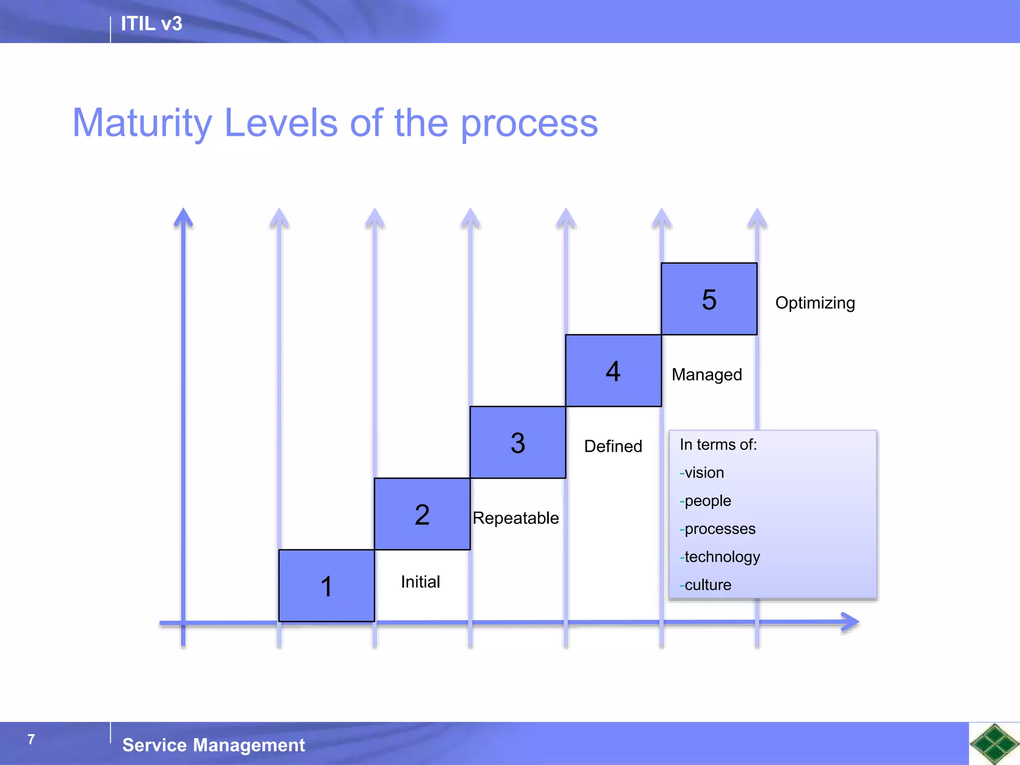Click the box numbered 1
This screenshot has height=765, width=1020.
point(326,586)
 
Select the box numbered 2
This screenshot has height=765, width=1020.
point(422,514)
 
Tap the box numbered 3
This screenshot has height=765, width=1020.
point(517,442)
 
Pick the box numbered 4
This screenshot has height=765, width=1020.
point(613,371)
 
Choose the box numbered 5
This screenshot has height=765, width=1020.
point(709,299)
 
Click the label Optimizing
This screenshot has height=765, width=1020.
point(815,303)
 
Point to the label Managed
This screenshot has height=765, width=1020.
point(706,375)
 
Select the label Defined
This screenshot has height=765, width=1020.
point(613,446)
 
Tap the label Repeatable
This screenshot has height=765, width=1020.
point(515,518)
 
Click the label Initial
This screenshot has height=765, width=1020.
point(420,582)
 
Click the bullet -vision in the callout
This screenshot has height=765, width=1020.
point(702,473)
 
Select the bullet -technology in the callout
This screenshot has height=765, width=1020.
point(720,557)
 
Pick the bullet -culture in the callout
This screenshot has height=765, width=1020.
point(705,585)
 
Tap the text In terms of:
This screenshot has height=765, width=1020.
point(718,444)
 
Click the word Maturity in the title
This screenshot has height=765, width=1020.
point(142,124)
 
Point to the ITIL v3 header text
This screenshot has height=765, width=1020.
point(151,24)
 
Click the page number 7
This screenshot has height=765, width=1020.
point(31,739)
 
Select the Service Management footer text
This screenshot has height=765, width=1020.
point(213,745)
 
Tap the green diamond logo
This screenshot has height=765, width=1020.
point(994,744)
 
